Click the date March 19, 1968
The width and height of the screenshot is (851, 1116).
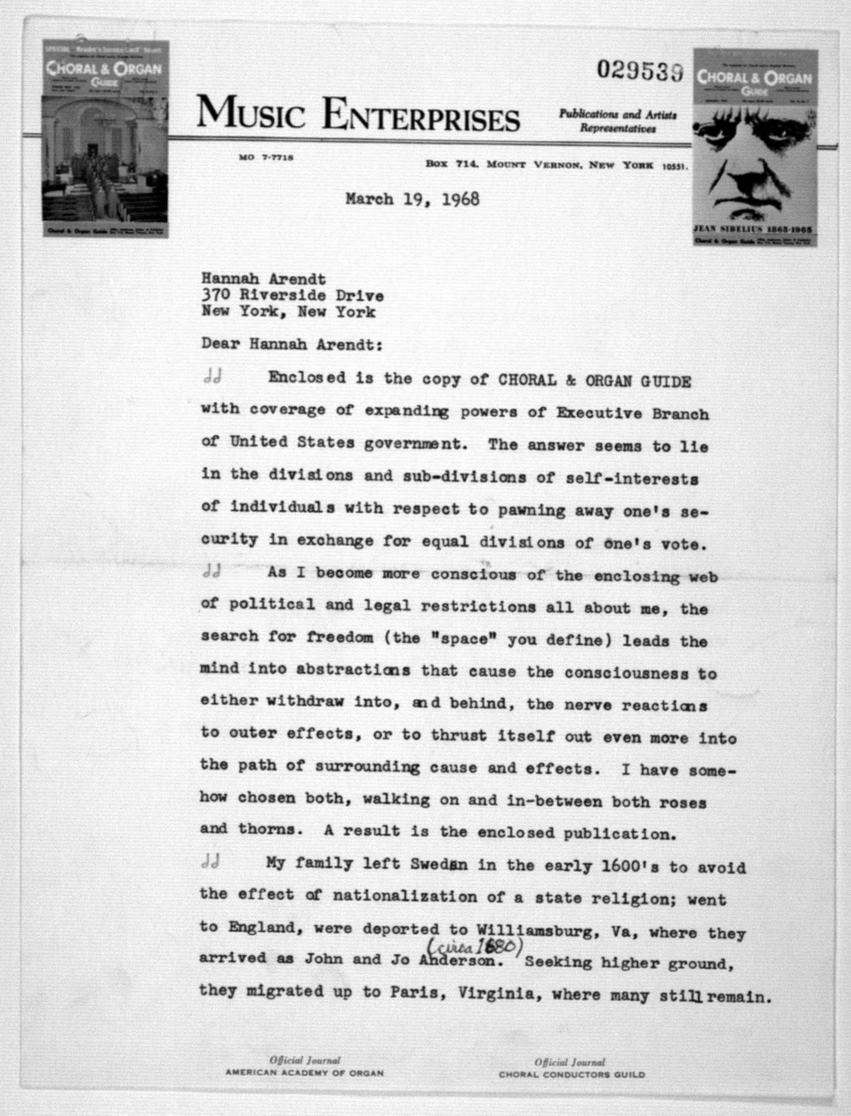pos(412,199)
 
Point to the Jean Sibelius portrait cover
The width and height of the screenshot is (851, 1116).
pos(755,147)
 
